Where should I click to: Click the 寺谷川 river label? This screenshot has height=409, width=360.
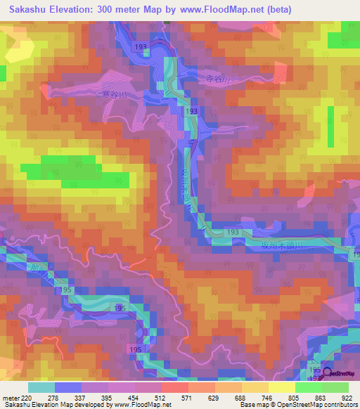(209, 80)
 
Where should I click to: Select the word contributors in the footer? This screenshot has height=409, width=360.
(338, 405)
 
